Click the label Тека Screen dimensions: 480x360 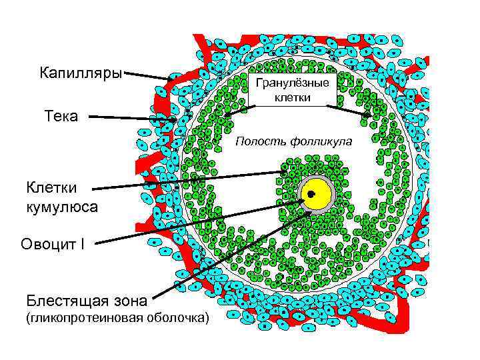(61, 117)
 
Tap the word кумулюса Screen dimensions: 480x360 (62, 207)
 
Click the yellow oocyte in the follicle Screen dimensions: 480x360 (318, 195)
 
